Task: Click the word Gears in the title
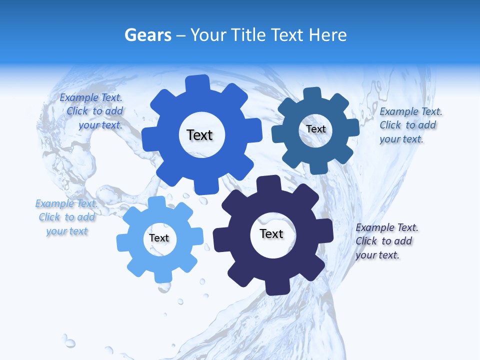[148, 35]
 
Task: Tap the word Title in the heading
[247, 35]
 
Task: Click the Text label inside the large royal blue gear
[199, 135]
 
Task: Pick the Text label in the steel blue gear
[315, 129]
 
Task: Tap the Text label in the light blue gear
[159, 238]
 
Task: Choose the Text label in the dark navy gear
[271, 233]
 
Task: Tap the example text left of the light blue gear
[66, 217]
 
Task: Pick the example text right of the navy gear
[384, 241]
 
